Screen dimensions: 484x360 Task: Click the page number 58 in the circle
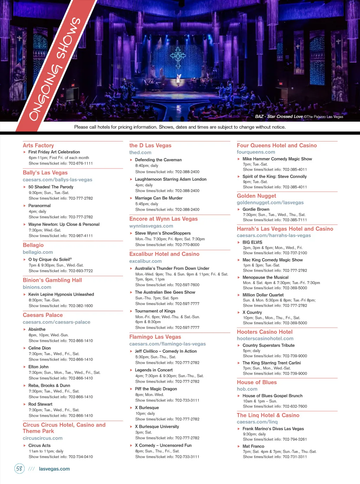pyautogui.click(x=19, y=469)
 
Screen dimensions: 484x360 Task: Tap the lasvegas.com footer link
pyautogui.click(x=54, y=469)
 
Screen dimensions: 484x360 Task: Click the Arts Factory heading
pyautogui.click(x=38, y=145)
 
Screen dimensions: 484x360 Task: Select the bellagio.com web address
pyautogui.click(x=38, y=252)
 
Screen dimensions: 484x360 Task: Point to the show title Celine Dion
pyautogui.click(x=39, y=348)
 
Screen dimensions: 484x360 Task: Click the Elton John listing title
pyautogui.click(x=38, y=367)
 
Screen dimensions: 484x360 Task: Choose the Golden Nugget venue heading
pyautogui.click(x=256, y=196)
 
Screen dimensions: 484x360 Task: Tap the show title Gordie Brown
pyautogui.click(x=256, y=209)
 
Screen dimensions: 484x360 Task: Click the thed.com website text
pyautogui.click(x=140, y=153)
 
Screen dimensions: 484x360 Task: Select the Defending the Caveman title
pyautogui.click(x=158, y=160)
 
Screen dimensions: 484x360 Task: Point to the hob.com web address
pyautogui.click(x=247, y=389)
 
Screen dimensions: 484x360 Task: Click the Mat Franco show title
pyautogui.click(x=253, y=446)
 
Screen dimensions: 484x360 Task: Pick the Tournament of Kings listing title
pyautogui.click(x=155, y=311)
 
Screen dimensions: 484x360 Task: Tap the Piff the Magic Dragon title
pyautogui.click(x=156, y=389)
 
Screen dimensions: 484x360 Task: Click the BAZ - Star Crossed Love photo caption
pyautogui.click(x=279, y=116)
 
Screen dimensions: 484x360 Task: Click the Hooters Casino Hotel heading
pyautogui.click(x=265, y=332)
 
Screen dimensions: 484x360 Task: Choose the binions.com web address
pyautogui.click(x=37, y=287)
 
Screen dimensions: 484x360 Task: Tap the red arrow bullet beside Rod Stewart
pyautogui.click(x=25, y=405)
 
